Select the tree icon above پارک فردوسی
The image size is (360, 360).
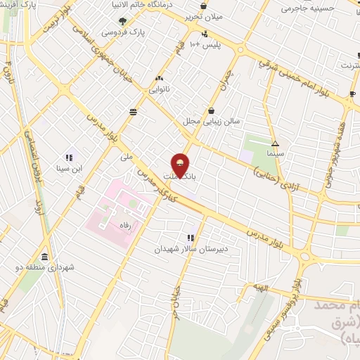coord(123,21)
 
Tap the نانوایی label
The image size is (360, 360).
coord(157,90)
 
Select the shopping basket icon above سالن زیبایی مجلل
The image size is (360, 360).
coord(212,110)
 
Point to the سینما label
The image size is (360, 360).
coord(275,152)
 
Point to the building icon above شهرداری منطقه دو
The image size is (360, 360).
coord(46,256)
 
